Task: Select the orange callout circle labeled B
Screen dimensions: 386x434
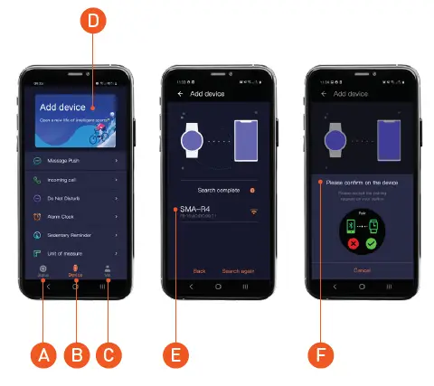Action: click(x=76, y=354)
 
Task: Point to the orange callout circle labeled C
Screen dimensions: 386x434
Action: click(x=110, y=354)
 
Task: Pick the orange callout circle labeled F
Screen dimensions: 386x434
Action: click(x=319, y=354)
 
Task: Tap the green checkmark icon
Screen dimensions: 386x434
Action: click(x=369, y=241)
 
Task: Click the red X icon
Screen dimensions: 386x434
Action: click(x=347, y=241)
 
